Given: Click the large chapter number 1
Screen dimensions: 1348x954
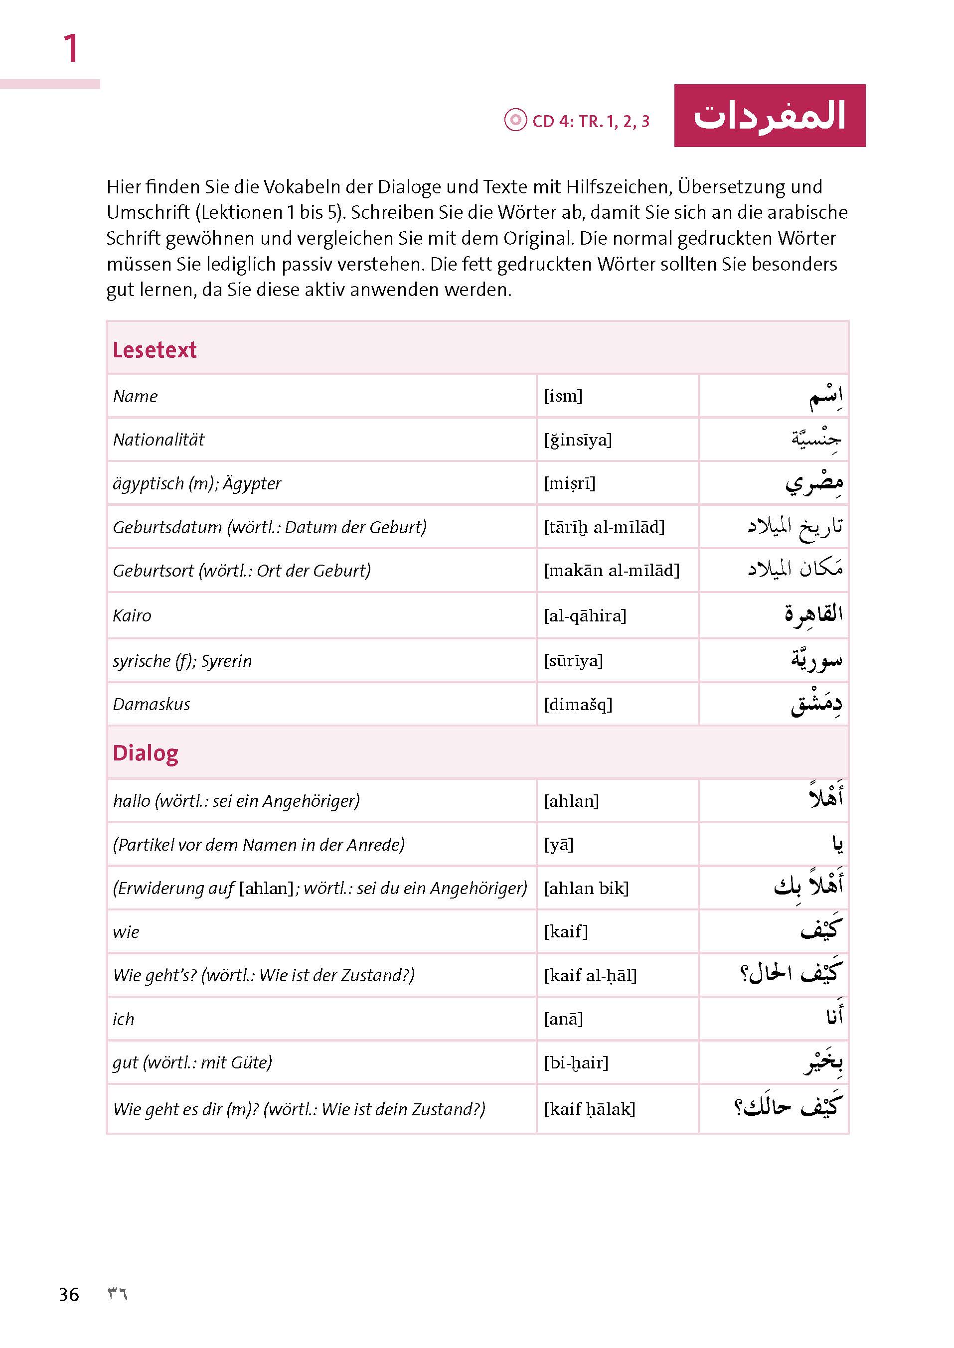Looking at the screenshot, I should [70, 48].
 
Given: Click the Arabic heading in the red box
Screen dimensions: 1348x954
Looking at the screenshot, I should [769, 116].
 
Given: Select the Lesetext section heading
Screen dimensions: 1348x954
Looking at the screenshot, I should [155, 349].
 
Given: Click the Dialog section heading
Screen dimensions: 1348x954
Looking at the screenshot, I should [145, 753].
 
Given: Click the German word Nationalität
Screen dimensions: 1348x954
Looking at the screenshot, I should [159, 440].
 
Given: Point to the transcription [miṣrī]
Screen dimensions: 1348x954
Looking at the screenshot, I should [569, 483].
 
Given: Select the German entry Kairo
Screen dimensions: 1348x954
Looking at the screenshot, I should [132, 615].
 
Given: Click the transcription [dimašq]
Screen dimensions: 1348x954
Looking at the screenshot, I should [578, 704].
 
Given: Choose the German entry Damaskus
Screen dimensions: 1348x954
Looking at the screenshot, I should [152, 704].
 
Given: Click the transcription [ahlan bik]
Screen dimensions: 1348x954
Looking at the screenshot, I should [586, 888].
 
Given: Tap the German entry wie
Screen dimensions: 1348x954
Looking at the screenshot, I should [126, 931].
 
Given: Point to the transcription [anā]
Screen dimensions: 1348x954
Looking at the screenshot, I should [563, 1019].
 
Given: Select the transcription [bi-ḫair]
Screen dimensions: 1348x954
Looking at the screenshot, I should [576, 1062].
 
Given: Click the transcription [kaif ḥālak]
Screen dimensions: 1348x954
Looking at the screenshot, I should [589, 1108].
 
